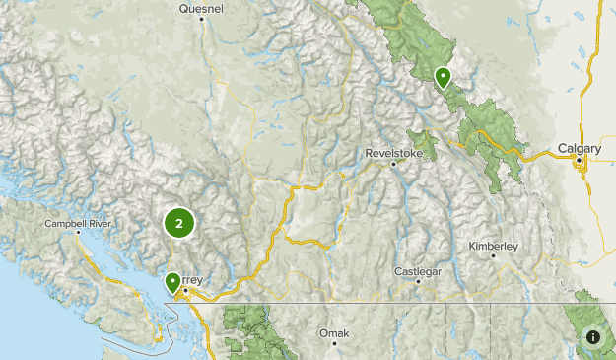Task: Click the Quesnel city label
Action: (202, 8)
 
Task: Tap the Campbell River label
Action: (78, 224)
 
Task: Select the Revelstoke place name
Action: (392, 153)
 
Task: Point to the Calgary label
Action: (579, 149)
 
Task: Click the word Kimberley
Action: (492, 244)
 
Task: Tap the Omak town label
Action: (334, 333)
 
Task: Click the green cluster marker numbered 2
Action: (178, 223)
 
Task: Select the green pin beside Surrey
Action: (173, 282)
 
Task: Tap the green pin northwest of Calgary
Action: (444, 75)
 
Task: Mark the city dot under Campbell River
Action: (78, 234)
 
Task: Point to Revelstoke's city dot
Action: (393, 164)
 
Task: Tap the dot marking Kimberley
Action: (492, 254)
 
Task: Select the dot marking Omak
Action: (334, 344)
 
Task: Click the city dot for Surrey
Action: (184, 290)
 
